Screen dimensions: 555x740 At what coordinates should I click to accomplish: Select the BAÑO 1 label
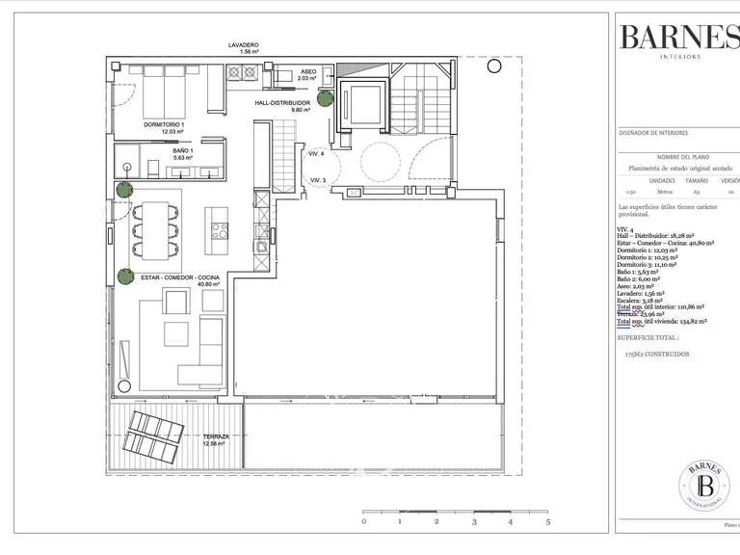(183, 151)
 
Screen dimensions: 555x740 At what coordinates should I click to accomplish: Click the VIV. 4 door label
(316, 154)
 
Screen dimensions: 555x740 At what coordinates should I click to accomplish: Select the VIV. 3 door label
(318, 180)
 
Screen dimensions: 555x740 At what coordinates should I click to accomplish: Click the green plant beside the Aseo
(327, 98)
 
